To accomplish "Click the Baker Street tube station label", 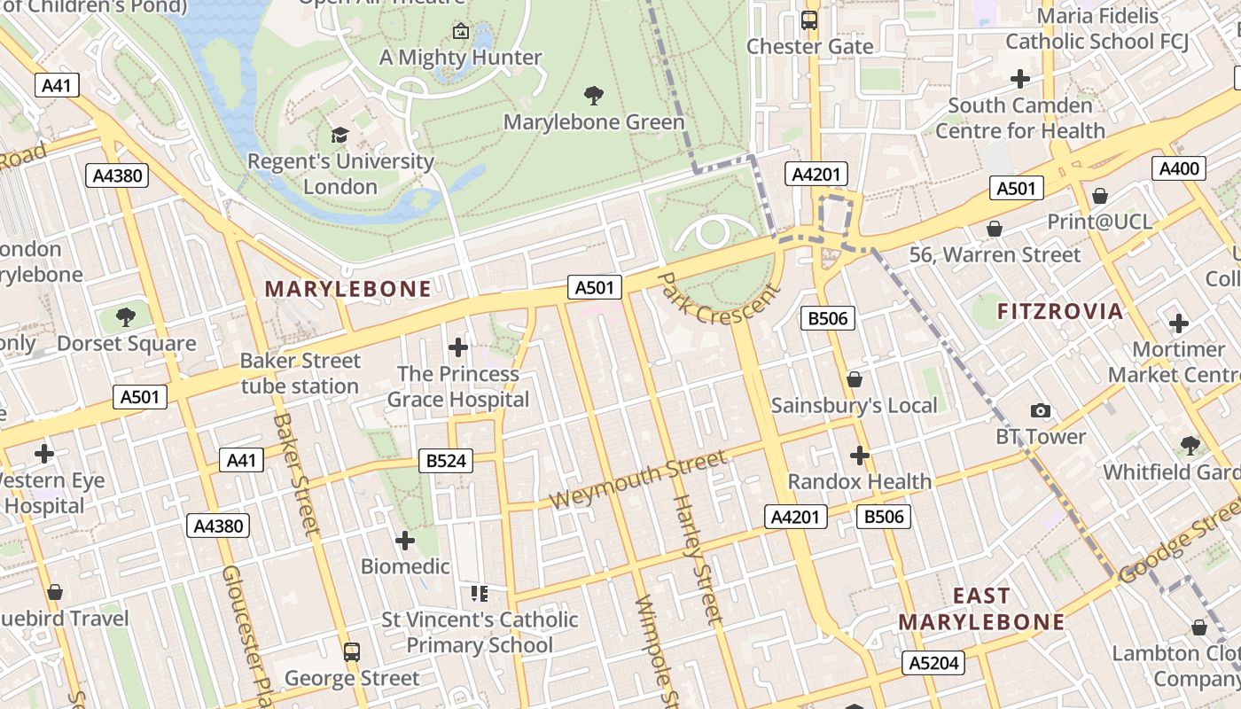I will [x=300, y=373].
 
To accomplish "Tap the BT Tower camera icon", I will [x=1041, y=410].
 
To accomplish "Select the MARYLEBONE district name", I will [x=348, y=289].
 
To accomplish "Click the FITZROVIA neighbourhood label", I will [x=1060, y=312].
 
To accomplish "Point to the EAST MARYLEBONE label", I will [x=981, y=609].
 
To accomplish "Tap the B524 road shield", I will [x=445, y=460].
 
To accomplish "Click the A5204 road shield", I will [x=934, y=663].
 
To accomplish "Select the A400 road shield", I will [x=1179, y=168].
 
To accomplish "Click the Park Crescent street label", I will [x=720, y=300].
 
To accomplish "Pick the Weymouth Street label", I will [x=638, y=479].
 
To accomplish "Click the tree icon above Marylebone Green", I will [x=594, y=95].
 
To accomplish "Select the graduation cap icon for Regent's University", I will [x=340, y=135].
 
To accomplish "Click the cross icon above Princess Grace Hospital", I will [x=458, y=347].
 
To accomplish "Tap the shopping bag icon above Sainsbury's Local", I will [x=855, y=379].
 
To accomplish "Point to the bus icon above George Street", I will [x=352, y=652].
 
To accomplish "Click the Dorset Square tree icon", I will [x=127, y=316].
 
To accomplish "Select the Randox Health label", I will [x=859, y=482].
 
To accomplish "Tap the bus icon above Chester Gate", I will [x=809, y=19].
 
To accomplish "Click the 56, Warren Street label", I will [x=995, y=255].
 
